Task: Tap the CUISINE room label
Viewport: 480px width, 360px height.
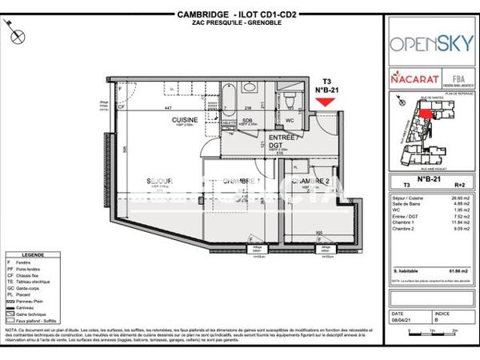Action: click(186, 120)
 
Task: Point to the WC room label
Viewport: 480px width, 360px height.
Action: click(290, 122)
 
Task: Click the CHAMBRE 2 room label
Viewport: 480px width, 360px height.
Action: click(311, 182)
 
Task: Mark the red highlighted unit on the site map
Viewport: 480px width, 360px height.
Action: click(424, 114)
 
